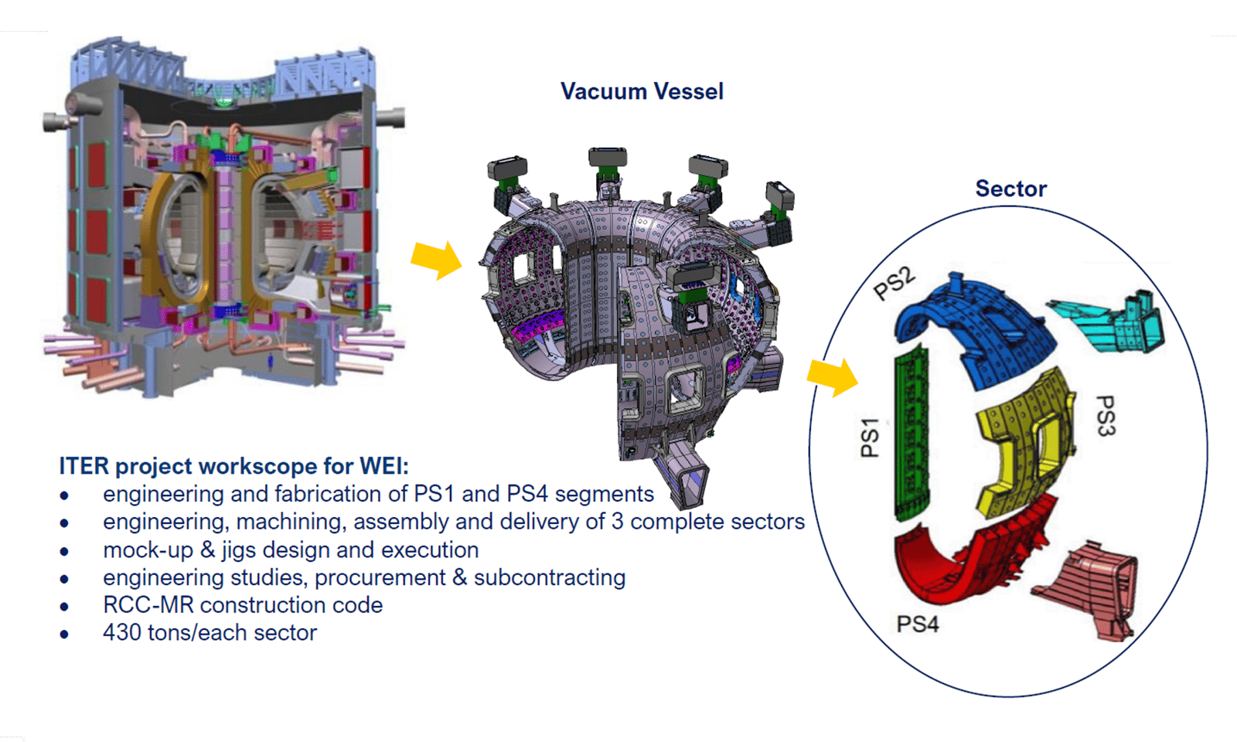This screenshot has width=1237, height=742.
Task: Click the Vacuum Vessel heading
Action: pyautogui.click(x=642, y=91)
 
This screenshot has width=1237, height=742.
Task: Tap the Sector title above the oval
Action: pyautogui.click(x=1010, y=189)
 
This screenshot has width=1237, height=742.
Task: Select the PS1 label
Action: pyautogui.click(x=871, y=437)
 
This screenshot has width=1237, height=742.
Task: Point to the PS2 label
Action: pyautogui.click(x=894, y=283)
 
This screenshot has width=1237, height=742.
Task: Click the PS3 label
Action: pyautogui.click(x=1106, y=416)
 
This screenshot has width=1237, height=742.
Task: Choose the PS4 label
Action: pyautogui.click(x=917, y=624)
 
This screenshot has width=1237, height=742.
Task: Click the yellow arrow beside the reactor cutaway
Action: pyautogui.click(x=436, y=259)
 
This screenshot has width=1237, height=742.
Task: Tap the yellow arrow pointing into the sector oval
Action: pyautogui.click(x=833, y=376)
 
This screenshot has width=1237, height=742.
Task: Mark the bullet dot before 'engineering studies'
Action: pyautogui.click(x=64, y=578)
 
